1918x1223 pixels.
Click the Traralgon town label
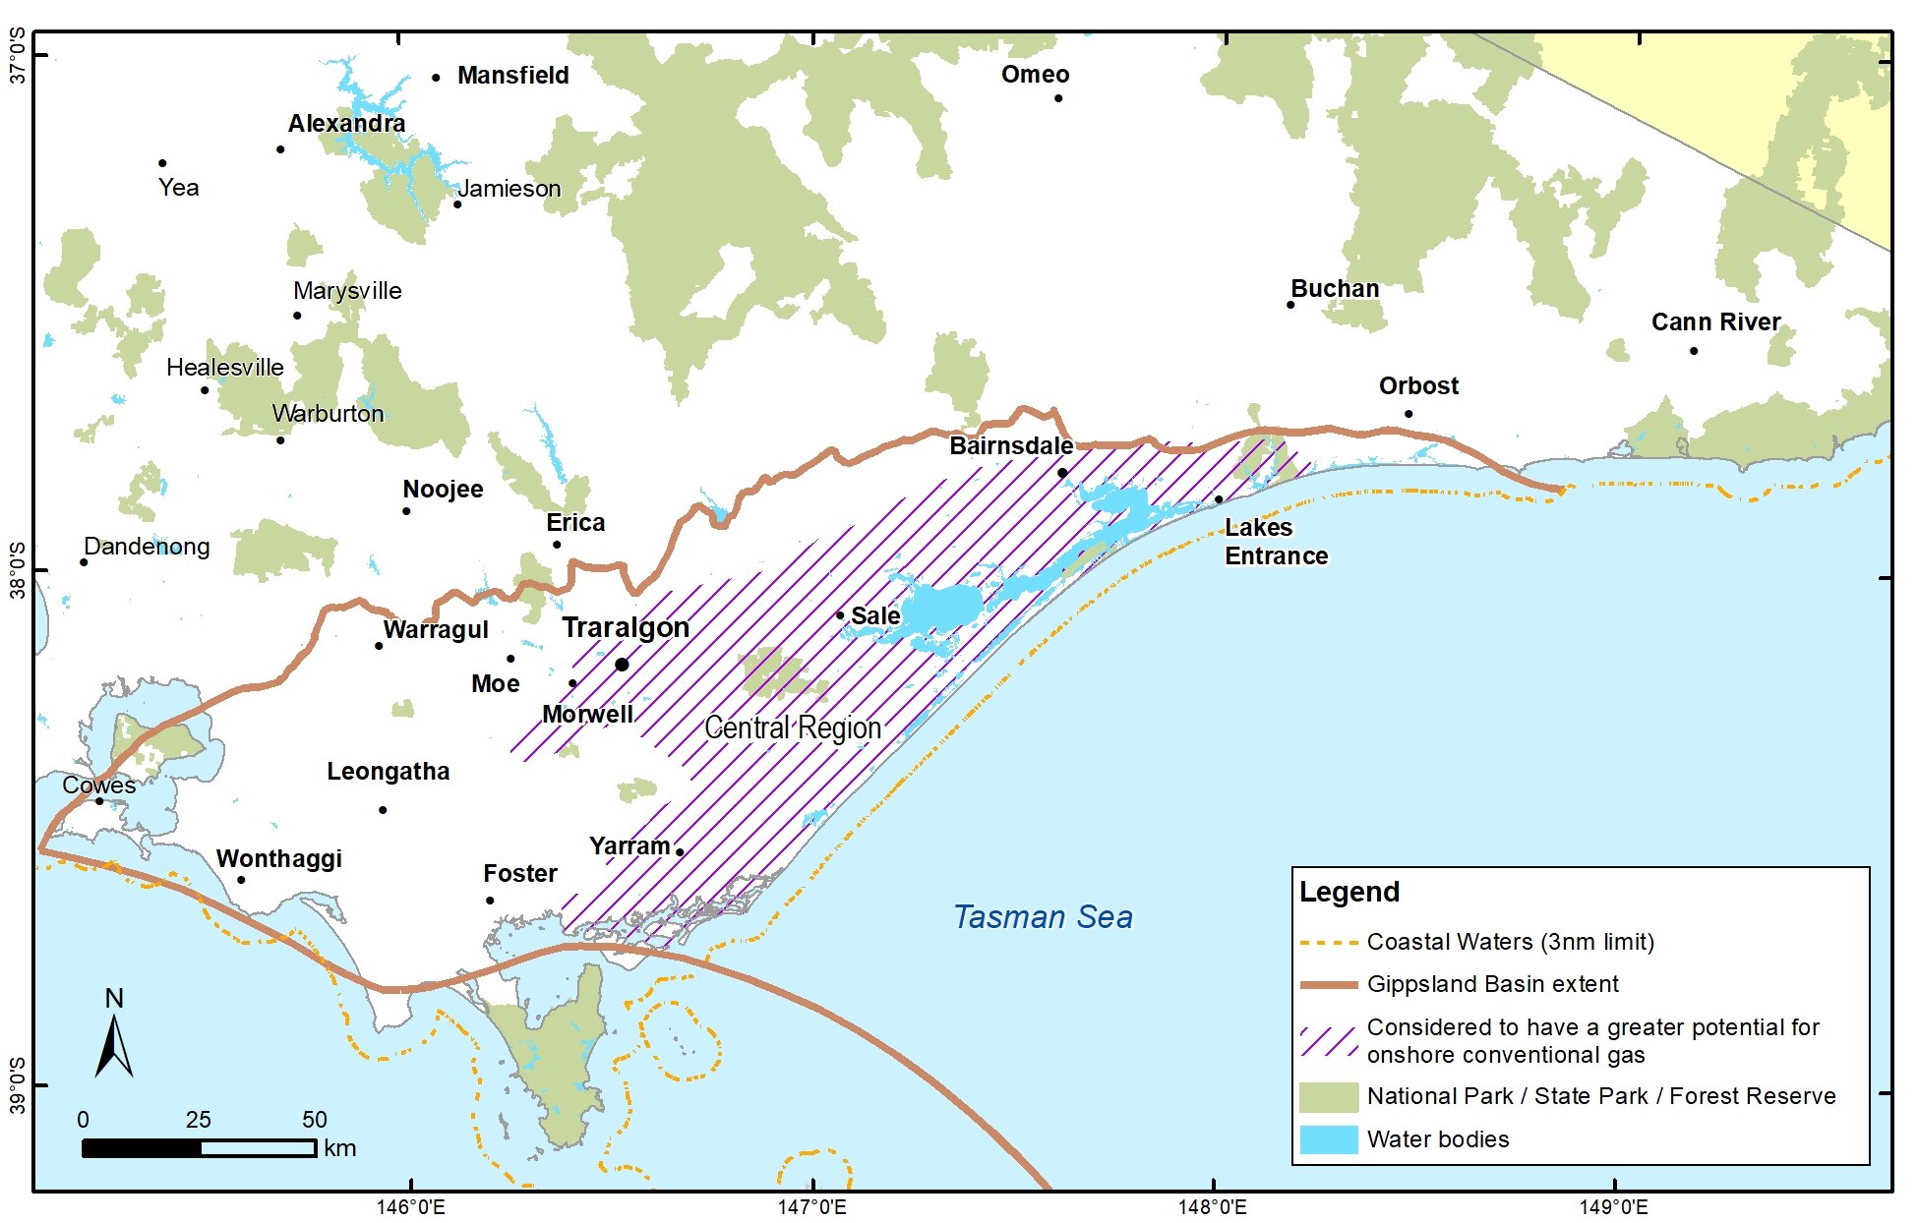625,627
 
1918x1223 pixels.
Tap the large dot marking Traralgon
622,665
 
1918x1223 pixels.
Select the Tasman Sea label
1043,917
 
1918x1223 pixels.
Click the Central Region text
793,728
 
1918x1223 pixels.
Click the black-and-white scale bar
199,1147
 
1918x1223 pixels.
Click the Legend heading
1349,893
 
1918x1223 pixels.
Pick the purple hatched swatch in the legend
1328,1041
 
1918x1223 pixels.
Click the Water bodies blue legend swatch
1328,1139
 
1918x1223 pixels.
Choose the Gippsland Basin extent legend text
1492,984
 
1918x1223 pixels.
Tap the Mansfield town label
512,76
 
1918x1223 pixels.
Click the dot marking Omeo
1058,98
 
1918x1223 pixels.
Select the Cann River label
1715,322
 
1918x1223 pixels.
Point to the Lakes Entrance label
1276,542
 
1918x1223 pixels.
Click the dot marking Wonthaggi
241,880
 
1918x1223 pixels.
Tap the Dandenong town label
147,547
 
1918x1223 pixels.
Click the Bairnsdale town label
1011,446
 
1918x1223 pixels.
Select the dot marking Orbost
1409,414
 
